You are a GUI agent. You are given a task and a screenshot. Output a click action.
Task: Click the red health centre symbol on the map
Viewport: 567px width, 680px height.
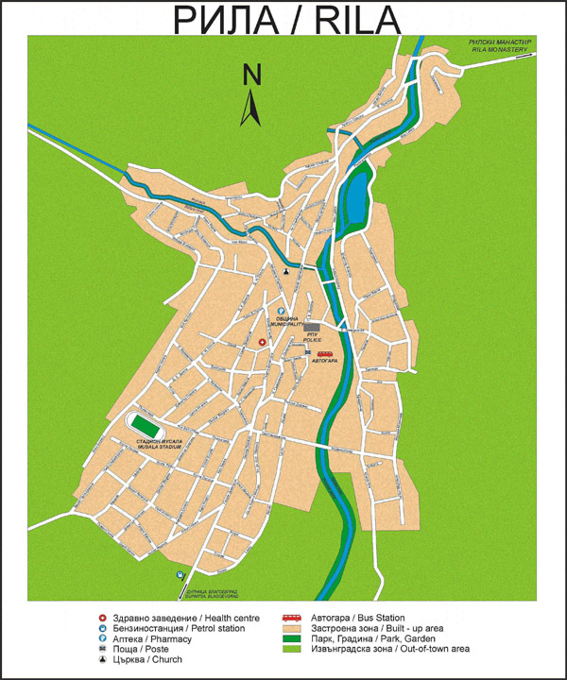(263, 341)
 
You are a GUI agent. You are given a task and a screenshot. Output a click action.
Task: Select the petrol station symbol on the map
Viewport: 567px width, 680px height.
(179, 574)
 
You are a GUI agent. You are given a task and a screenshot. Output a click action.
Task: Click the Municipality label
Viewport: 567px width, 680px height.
(286, 321)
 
